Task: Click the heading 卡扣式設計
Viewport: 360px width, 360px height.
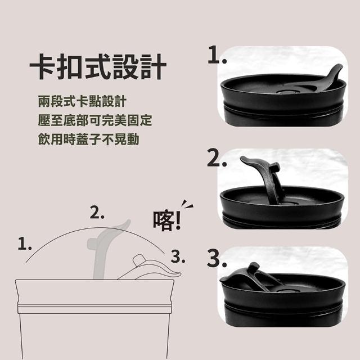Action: coord(98,66)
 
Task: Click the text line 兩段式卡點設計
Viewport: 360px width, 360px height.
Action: coord(82,101)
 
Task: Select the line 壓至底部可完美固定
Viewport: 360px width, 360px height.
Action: coord(95,120)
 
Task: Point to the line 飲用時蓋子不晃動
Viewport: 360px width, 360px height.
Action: coord(89,139)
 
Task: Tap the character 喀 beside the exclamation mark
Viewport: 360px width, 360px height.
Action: coord(164,220)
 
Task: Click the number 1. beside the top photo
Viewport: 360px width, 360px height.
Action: coord(217,55)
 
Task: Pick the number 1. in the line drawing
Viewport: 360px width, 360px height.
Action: coord(25,244)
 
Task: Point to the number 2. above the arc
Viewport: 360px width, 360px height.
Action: coord(97,213)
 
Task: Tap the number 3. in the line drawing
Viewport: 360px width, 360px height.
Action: coord(178,256)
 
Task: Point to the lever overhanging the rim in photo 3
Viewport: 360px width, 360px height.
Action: coord(244,274)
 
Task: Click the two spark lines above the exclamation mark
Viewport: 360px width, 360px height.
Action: coord(187,204)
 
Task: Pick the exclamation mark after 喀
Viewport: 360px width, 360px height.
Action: coord(178,220)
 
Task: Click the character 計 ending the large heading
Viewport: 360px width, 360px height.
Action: coord(154,66)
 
